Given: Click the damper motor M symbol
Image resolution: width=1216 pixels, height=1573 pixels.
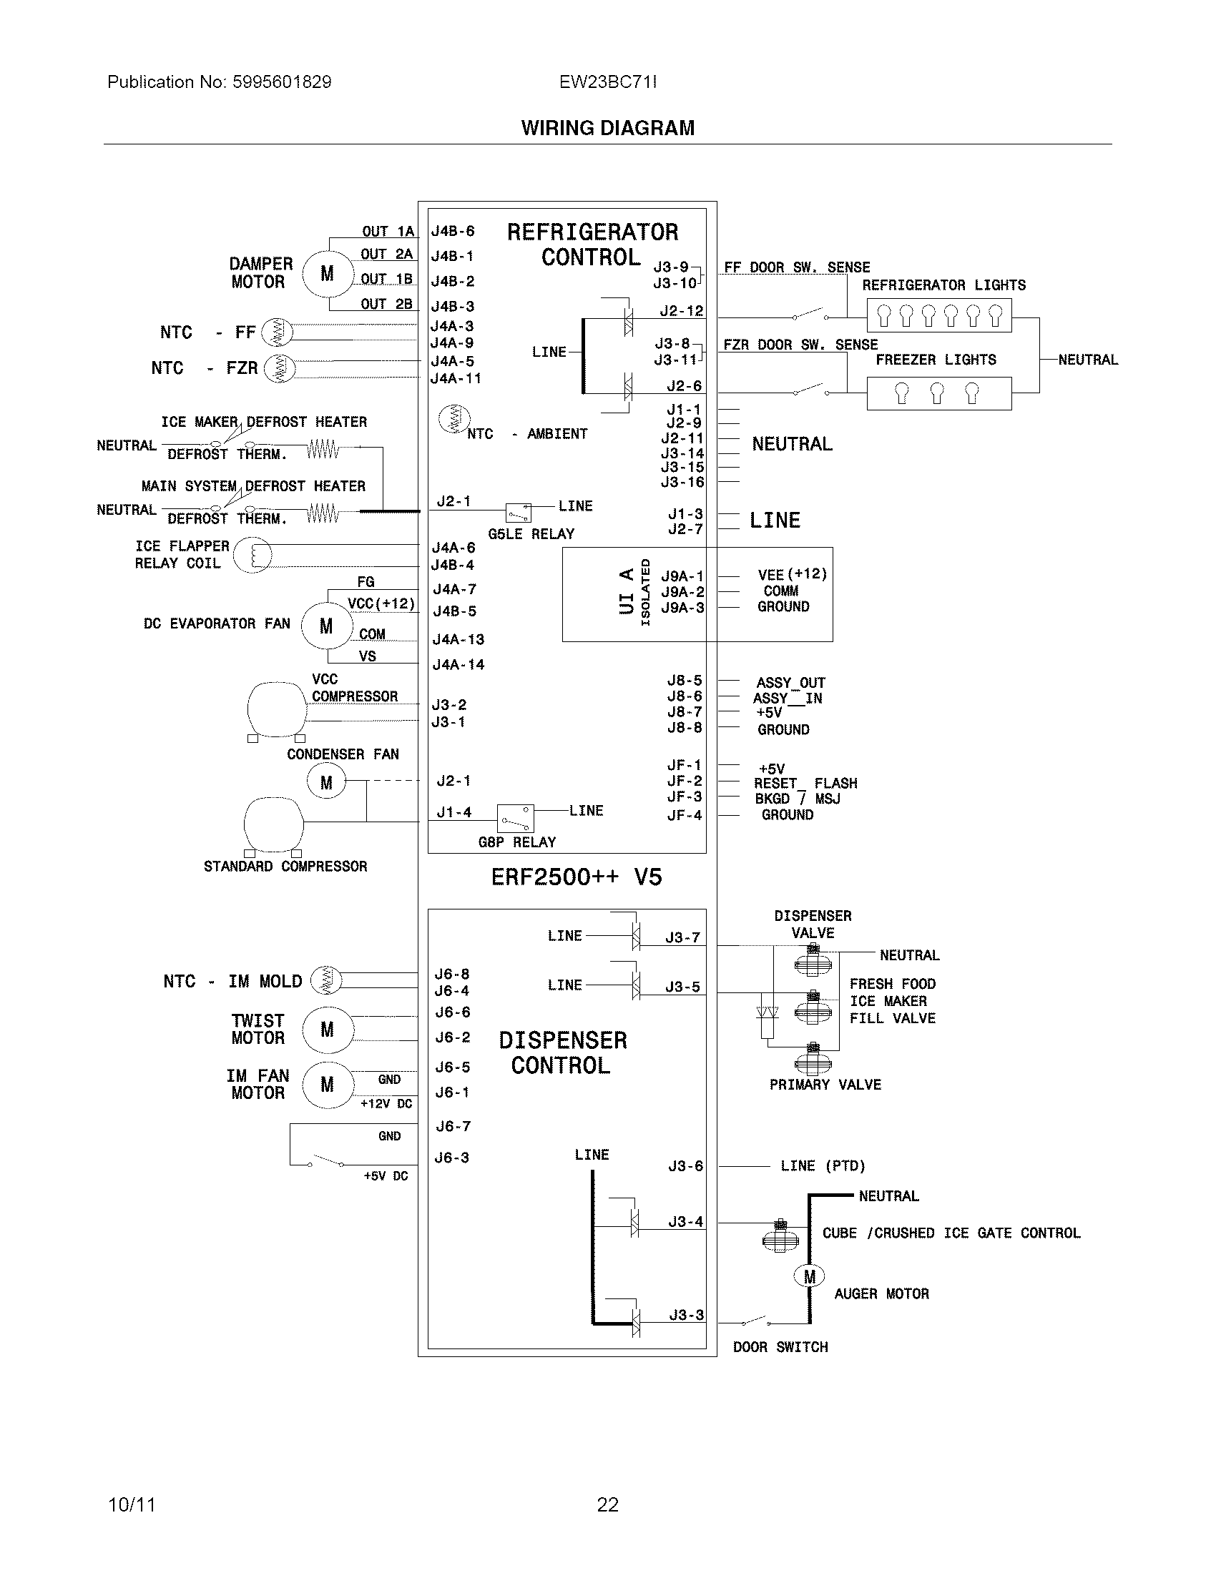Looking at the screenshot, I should [327, 274].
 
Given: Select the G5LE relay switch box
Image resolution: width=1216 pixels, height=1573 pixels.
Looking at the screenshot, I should [518, 512].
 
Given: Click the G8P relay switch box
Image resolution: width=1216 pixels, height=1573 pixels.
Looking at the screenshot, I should [516, 819].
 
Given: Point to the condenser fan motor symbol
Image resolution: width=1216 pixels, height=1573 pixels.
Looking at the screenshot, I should [326, 782].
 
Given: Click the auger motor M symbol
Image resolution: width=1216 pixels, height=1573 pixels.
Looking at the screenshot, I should [810, 1276].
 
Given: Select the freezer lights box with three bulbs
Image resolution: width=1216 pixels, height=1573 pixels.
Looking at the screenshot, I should [938, 393].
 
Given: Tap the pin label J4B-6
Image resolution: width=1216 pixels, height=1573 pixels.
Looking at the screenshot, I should [452, 231].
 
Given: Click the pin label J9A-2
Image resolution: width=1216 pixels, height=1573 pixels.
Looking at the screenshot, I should [682, 592].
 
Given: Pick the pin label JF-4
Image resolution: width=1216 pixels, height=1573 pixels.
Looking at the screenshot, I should [684, 815].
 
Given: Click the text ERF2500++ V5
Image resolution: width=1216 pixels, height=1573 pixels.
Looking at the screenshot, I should [577, 877].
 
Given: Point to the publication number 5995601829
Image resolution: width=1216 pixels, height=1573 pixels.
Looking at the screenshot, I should [282, 82].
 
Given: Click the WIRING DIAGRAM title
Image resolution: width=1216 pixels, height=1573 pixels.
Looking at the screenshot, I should [607, 128].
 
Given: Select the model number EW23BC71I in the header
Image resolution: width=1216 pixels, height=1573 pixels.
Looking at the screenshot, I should [607, 82].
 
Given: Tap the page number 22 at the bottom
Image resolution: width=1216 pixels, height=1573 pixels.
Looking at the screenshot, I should [607, 1504].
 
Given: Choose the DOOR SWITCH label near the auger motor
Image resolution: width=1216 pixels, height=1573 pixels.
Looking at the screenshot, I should [780, 1347].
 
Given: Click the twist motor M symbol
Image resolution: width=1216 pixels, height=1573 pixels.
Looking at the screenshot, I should [327, 1030].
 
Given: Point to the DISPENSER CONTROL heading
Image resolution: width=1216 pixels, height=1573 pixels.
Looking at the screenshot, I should [562, 1052].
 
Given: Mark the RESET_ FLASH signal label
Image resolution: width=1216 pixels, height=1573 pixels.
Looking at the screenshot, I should [805, 783].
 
